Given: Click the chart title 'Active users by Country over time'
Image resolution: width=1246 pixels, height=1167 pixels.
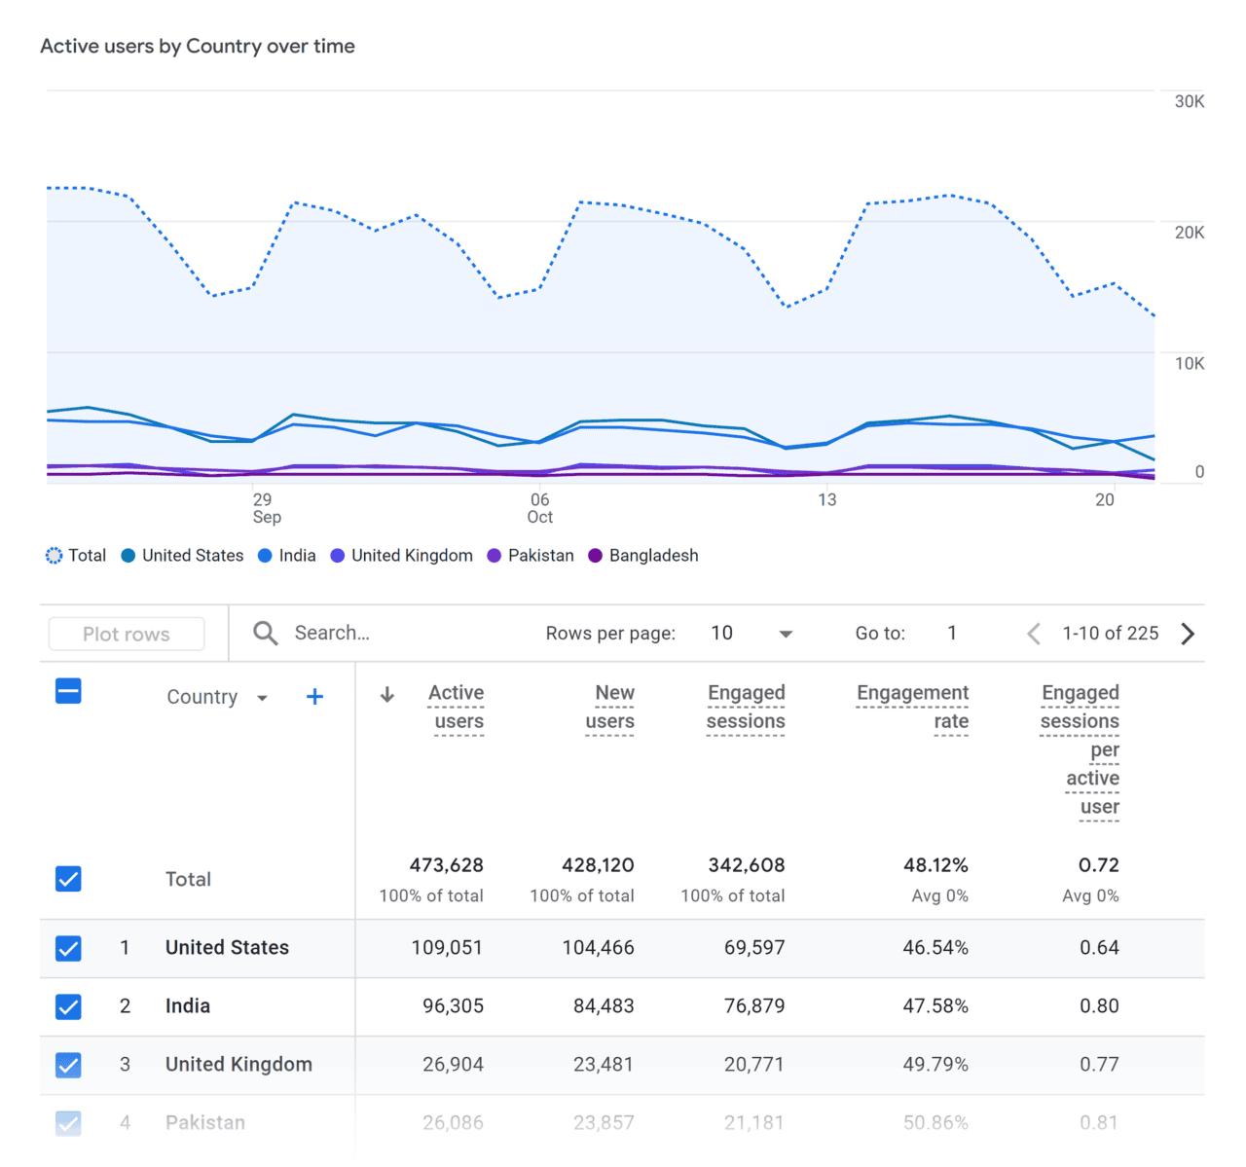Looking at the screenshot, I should click(x=198, y=46).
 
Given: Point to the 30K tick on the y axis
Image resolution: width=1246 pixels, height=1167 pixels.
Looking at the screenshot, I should click(x=1189, y=101).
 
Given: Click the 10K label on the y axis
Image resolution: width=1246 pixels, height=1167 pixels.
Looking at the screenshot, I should click(x=1189, y=363).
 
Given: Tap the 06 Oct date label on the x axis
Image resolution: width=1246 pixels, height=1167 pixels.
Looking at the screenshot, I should click(x=539, y=508).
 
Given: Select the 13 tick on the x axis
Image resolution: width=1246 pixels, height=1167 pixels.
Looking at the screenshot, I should click(x=826, y=499).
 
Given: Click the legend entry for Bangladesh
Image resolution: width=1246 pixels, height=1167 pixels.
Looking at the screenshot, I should click(x=643, y=556).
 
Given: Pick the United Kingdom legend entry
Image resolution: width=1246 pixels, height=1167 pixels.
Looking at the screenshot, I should click(x=401, y=556).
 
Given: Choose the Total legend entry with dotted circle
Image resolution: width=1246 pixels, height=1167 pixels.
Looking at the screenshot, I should click(x=76, y=556).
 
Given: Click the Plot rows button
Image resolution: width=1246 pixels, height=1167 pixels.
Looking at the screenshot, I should click(x=127, y=634).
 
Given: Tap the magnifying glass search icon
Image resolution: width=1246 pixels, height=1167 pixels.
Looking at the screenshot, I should click(x=265, y=634).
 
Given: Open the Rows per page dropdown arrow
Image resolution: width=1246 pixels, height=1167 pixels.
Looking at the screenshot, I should click(x=786, y=634).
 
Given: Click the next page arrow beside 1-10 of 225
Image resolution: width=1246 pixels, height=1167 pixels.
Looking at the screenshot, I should click(x=1188, y=634).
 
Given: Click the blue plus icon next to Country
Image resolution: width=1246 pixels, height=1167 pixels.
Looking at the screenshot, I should click(x=314, y=697).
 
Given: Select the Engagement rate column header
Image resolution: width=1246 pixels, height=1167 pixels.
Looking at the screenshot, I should click(x=912, y=707).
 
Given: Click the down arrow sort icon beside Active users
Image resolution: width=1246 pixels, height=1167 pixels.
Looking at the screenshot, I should click(x=387, y=694).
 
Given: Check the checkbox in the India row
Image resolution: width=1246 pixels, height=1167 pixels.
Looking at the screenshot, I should click(x=68, y=1006).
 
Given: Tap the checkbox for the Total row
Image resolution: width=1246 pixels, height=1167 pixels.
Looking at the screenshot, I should click(x=68, y=879).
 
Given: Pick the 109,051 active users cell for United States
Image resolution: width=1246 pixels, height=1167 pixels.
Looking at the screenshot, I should click(x=447, y=948).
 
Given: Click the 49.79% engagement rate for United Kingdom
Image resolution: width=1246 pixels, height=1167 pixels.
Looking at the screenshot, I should click(x=934, y=1065).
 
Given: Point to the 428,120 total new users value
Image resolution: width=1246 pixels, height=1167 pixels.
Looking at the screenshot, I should click(x=598, y=865).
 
